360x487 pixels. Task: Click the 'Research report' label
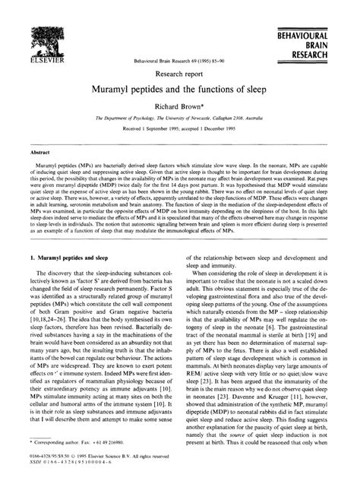pyautogui.click(x=179, y=74)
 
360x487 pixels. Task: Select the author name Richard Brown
pyautogui.click(x=179, y=112)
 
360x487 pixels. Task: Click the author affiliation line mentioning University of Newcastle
pyautogui.click(x=179, y=126)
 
